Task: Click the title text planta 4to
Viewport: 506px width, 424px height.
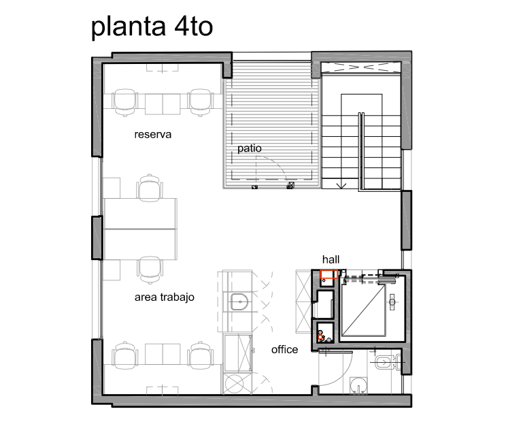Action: [x=152, y=27]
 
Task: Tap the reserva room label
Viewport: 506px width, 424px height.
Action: [x=152, y=134]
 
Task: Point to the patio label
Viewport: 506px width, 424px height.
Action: [x=250, y=148]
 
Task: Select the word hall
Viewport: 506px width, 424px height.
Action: [x=331, y=259]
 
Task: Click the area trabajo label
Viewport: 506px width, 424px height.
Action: [x=165, y=297]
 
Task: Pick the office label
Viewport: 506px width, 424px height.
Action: [x=284, y=349]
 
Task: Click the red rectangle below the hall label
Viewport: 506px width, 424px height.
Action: [x=329, y=274]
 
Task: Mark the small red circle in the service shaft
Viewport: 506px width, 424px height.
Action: [x=320, y=337]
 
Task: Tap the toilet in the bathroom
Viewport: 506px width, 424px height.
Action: [x=387, y=362]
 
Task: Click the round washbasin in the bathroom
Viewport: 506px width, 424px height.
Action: [x=358, y=386]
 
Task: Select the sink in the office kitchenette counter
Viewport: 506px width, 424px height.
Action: [x=239, y=301]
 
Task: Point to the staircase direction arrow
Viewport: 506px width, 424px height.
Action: [x=341, y=185]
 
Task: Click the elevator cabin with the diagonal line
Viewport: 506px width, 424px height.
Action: [x=363, y=310]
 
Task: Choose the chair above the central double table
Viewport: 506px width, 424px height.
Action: [x=150, y=188]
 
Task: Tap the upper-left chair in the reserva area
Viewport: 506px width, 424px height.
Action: [x=124, y=102]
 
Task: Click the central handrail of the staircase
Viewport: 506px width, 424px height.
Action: [x=361, y=151]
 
